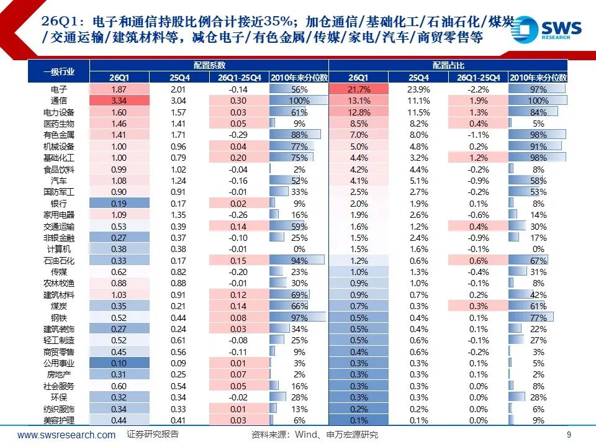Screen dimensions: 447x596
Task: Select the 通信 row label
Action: (x=59, y=101)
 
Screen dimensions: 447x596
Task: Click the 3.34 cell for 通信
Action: (x=119, y=101)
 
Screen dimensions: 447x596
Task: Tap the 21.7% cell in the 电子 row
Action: (x=358, y=89)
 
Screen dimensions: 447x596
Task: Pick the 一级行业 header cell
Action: (x=59, y=71)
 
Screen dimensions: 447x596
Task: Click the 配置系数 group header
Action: (x=209, y=65)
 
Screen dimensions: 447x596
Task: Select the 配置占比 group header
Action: (x=448, y=65)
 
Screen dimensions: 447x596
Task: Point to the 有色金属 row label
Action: (x=59, y=135)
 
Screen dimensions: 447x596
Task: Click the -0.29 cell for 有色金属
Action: (x=238, y=135)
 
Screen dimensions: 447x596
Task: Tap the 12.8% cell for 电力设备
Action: (x=358, y=112)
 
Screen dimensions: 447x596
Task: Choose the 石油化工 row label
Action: (x=59, y=260)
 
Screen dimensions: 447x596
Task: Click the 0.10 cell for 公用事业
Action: (x=119, y=363)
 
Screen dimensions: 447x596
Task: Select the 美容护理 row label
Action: (x=59, y=420)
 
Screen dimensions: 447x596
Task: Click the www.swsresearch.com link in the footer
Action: (x=66, y=435)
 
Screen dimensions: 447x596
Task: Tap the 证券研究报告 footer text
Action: (x=153, y=435)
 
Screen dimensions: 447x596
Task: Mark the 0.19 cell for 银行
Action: (x=119, y=203)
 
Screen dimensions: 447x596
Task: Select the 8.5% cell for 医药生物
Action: (x=358, y=124)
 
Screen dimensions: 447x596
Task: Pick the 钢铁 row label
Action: (x=59, y=317)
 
